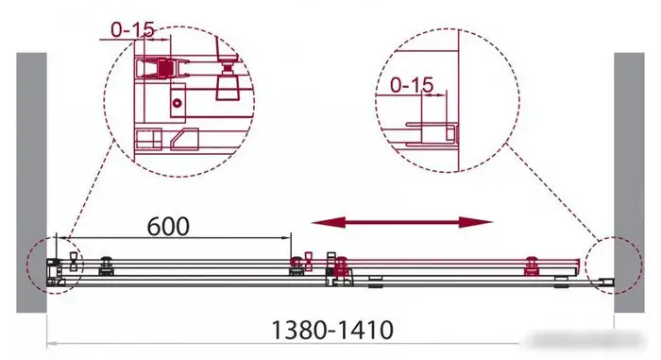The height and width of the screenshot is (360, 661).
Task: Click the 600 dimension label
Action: (x=168, y=227)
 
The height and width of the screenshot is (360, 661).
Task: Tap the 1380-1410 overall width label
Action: (x=332, y=330)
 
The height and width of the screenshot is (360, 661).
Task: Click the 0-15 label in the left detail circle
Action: (x=133, y=29)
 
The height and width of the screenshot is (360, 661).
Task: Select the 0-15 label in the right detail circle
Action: (x=412, y=85)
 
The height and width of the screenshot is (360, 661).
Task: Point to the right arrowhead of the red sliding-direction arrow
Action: (x=476, y=222)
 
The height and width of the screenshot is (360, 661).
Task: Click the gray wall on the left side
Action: (x=31, y=182)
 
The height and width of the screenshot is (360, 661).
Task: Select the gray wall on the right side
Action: (x=629, y=182)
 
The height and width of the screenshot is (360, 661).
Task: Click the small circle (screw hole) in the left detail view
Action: (x=178, y=103)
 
